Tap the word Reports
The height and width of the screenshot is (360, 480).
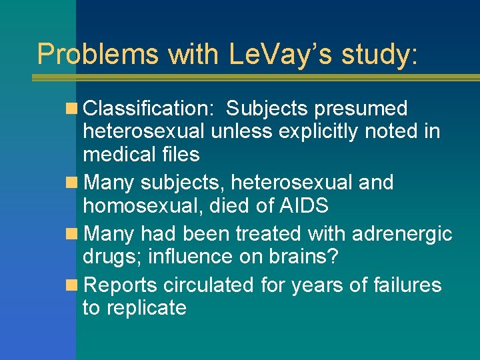tap(121, 285)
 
